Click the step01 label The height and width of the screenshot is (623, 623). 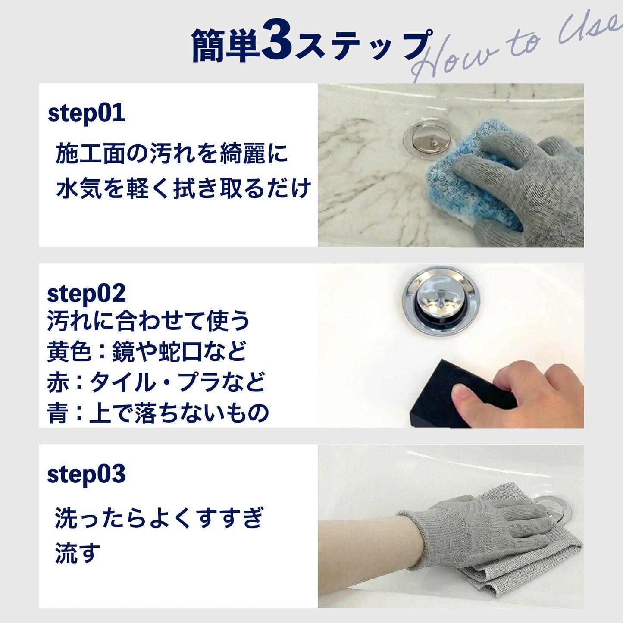click(x=86, y=113)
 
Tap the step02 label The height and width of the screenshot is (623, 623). click(x=86, y=294)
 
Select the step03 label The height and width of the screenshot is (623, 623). click(x=86, y=475)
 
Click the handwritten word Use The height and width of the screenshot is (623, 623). click(x=591, y=28)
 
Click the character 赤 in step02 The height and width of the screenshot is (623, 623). click(x=58, y=382)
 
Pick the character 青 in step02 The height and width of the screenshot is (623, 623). click(x=58, y=413)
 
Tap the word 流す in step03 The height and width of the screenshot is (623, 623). click(x=78, y=553)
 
